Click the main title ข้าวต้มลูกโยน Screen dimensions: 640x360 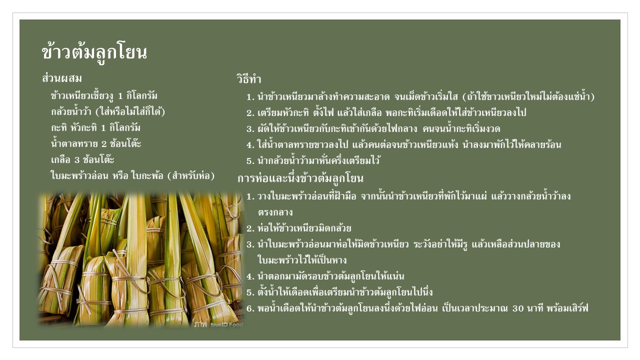point(94,53)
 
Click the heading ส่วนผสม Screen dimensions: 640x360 point(61,78)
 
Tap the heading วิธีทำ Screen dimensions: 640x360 point(249,79)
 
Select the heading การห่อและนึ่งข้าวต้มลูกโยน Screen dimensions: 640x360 point(300,178)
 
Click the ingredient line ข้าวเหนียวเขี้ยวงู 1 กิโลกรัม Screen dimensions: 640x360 point(104,96)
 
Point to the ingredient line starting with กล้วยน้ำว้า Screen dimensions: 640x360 point(108,111)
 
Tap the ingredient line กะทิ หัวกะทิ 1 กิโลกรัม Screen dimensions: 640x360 point(95,127)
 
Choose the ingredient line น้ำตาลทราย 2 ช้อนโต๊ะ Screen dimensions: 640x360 point(96,143)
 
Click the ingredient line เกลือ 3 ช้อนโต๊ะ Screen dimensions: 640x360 point(82,159)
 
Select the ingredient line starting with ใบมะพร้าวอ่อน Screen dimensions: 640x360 point(132,175)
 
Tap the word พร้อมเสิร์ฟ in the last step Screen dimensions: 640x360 point(567,308)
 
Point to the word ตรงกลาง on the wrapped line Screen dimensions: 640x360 point(275,212)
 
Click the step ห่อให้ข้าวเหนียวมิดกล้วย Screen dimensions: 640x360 point(304,228)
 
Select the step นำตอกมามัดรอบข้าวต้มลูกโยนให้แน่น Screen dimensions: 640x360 point(331,276)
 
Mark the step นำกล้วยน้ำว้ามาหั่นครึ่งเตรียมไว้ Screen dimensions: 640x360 point(318,160)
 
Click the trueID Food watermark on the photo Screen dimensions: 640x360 point(227,325)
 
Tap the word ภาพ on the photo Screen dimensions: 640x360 point(200,324)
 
